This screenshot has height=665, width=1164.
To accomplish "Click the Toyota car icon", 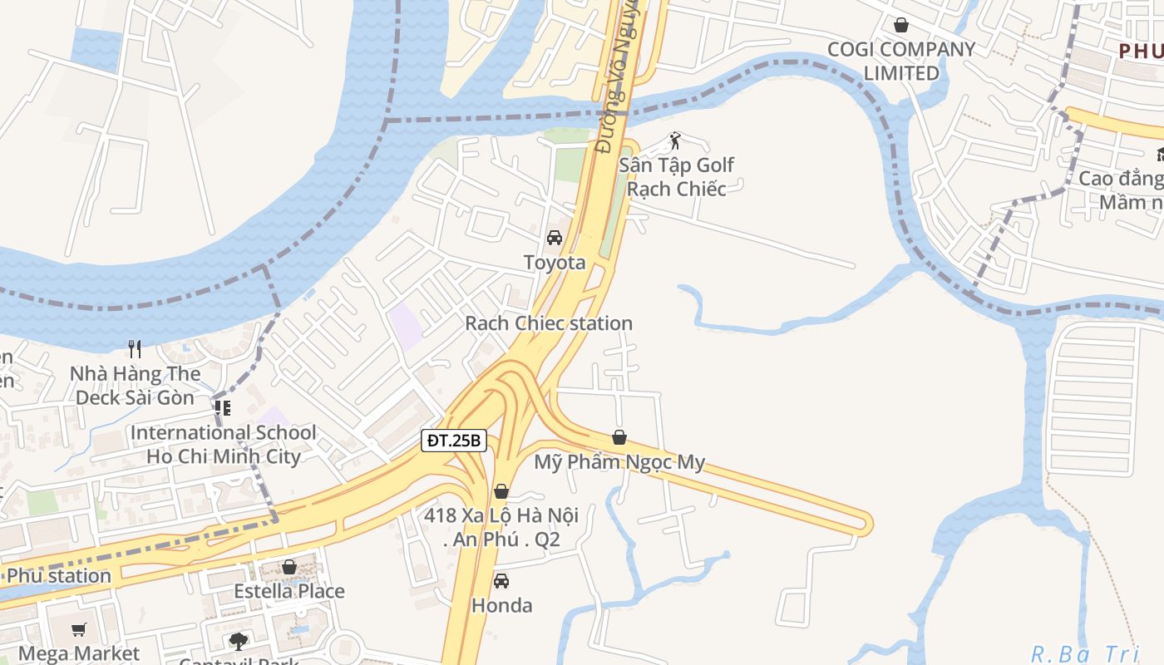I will pyautogui.click(x=555, y=238).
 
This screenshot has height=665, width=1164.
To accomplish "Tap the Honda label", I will pyautogui.click(x=501, y=606).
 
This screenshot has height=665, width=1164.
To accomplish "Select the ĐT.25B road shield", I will pyautogui.click(x=453, y=441).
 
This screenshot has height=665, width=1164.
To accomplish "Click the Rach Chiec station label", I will pyautogui.click(x=549, y=323).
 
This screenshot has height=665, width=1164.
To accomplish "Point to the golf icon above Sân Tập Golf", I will pyautogui.click(x=675, y=140).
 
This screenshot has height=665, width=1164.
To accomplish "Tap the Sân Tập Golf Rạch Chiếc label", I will pyautogui.click(x=677, y=177).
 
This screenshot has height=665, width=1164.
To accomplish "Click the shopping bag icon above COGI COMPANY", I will pyautogui.click(x=900, y=25).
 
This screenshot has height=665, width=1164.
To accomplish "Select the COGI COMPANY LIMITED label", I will pyautogui.click(x=901, y=62).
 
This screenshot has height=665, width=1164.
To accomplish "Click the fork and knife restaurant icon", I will pyautogui.click(x=136, y=348).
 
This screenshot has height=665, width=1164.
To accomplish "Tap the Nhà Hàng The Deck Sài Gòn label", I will pyautogui.click(x=136, y=386).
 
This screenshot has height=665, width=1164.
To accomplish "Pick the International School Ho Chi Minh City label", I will pyautogui.click(x=223, y=445).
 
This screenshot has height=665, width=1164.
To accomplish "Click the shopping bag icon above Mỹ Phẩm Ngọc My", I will pyautogui.click(x=619, y=437).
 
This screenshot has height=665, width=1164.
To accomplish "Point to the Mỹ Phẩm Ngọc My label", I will pyautogui.click(x=619, y=462).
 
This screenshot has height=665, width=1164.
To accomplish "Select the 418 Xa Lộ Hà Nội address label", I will pyautogui.click(x=501, y=528).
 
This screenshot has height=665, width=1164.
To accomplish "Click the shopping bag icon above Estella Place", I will pyautogui.click(x=289, y=567).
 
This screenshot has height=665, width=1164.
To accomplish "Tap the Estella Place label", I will pyautogui.click(x=289, y=592).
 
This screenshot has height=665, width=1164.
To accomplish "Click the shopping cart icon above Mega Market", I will pyautogui.click(x=79, y=629).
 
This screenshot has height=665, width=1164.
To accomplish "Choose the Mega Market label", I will pyautogui.click(x=79, y=654).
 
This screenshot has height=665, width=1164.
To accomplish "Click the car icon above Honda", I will pyautogui.click(x=501, y=581).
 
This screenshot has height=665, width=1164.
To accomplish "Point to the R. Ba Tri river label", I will pyautogui.click(x=1084, y=654).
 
